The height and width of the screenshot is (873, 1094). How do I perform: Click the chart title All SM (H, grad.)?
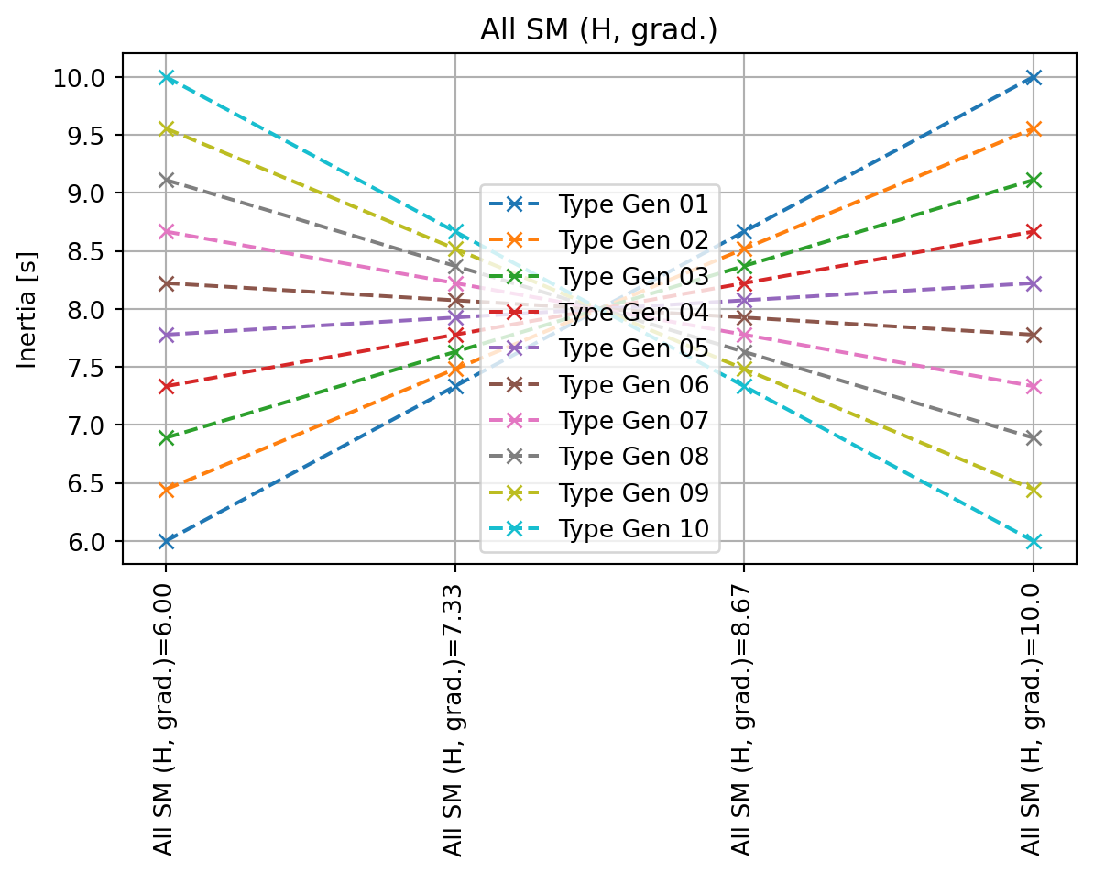[598, 30]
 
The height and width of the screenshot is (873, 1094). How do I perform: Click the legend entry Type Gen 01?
[633, 204]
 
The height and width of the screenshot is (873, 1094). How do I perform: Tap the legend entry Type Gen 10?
[633, 529]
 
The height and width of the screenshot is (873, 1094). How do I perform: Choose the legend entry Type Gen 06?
[633, 385]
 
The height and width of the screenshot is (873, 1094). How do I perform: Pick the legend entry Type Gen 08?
[633, 457]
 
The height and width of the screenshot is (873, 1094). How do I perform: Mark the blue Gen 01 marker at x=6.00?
[166, 542]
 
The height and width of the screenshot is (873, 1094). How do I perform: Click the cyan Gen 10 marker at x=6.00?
[166, 78]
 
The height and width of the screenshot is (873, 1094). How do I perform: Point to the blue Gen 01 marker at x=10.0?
[1034, 78]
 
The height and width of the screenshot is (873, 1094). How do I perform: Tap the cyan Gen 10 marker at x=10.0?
[1034, 542]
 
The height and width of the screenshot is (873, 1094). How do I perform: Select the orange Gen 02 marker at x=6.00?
[166, 491]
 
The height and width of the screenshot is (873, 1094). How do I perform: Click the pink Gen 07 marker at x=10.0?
[1034, 387]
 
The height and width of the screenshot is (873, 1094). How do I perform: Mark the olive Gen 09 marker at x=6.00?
[166, 129]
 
